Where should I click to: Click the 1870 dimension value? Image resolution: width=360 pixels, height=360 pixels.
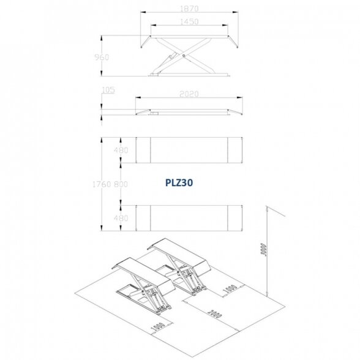click(x=189, y=9)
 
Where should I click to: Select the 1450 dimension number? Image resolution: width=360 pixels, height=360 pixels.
click(x=189, y=21)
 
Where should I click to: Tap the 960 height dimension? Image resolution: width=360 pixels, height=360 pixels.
click(x=102, y=57)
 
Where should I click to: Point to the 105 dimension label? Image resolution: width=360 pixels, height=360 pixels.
click(x=108, y=90)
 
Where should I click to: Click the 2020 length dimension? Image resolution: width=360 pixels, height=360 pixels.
click(x=189, y=94)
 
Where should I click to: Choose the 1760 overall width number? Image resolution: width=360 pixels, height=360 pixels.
click(x=102, y=184)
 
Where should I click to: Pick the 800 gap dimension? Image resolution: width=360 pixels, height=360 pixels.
click(x=121, y=184)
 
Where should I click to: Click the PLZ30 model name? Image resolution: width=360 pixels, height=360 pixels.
click(x=179, y=182)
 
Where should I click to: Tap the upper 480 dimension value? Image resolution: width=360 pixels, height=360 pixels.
click(x=121, y=150)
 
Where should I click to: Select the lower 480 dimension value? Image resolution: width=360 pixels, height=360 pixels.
click(x=121, y=218)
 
